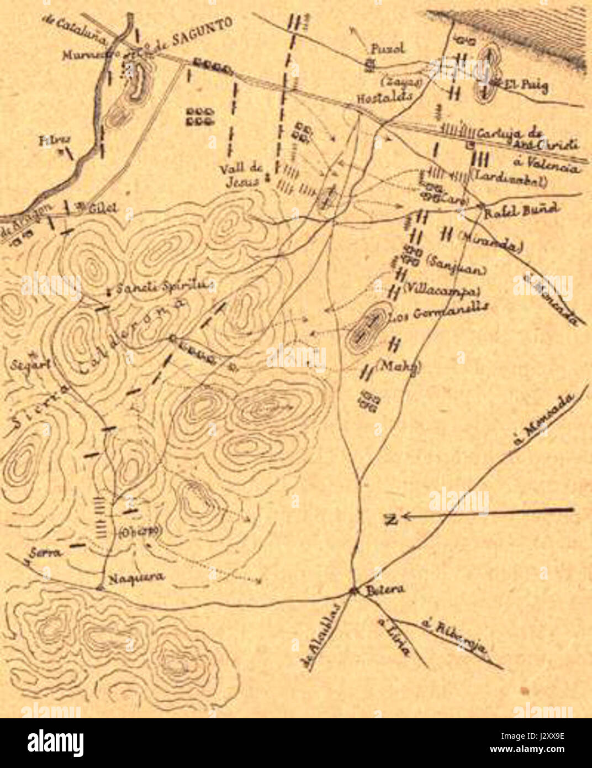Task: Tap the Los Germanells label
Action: tap(438, 313)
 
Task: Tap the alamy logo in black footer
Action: tap(56, 743)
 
